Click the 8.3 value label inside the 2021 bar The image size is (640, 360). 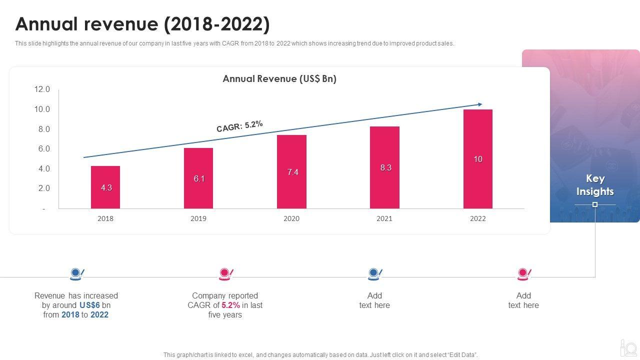[385, 168]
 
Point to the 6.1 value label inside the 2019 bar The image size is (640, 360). [199, 178]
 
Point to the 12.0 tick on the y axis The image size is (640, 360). [42, 89]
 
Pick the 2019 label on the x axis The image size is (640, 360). [198, 218]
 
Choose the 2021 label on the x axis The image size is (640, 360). [384, 218]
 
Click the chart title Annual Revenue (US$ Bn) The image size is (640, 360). [279, 79]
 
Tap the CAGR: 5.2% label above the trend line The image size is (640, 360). [239, 126]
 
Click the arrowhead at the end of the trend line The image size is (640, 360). [480, 104]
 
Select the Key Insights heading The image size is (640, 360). [594, 185]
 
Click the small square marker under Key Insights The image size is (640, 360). [595, 204]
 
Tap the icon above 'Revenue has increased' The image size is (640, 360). [76, 273]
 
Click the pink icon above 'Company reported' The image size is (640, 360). [225, 273]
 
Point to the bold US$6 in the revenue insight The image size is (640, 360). [90, 305]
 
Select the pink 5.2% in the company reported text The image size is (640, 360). [231, 305]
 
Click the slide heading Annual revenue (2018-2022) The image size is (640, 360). [142, 24]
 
